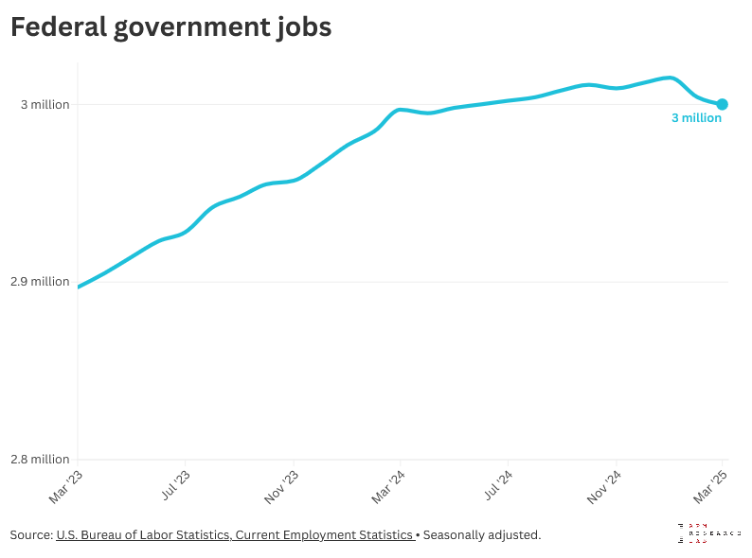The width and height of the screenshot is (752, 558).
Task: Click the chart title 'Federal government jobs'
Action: coord(170,28)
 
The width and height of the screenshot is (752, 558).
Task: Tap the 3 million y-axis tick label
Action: coord(45,104)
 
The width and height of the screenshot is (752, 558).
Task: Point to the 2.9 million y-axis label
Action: coord(39,282)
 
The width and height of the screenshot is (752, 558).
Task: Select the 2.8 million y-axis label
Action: coord(39,460)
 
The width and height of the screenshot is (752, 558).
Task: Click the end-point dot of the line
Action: coord(722,104)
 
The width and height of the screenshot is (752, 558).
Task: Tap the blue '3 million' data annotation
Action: coord(696,119)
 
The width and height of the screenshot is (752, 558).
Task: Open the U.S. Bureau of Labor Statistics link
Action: coord(235,535)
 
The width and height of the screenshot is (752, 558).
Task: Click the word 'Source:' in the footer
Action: coord(31,535)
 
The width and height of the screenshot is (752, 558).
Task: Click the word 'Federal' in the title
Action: coord(57,28)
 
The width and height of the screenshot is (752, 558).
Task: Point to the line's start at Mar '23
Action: coord(79,287)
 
